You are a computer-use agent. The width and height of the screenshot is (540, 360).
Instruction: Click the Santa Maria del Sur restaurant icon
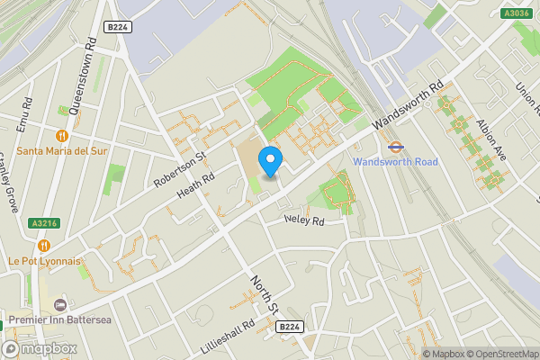(62, 135)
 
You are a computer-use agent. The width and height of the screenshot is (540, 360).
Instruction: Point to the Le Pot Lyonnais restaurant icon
(44, 245)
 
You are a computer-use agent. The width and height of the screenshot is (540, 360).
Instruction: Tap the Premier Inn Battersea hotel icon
(60, 306)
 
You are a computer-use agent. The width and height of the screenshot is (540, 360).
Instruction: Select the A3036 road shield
(516, 13)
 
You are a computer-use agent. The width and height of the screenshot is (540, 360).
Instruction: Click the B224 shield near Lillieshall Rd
(289, 327)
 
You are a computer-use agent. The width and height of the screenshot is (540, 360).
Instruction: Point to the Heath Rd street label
(195, 183)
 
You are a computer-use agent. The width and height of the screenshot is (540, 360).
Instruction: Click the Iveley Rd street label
(302, 219)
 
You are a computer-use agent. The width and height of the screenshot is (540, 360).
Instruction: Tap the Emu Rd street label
(25, 115)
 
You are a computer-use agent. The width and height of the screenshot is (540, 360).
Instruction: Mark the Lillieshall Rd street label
(226, 336)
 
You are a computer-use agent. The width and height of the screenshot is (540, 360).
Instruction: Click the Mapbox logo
(39, 348)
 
